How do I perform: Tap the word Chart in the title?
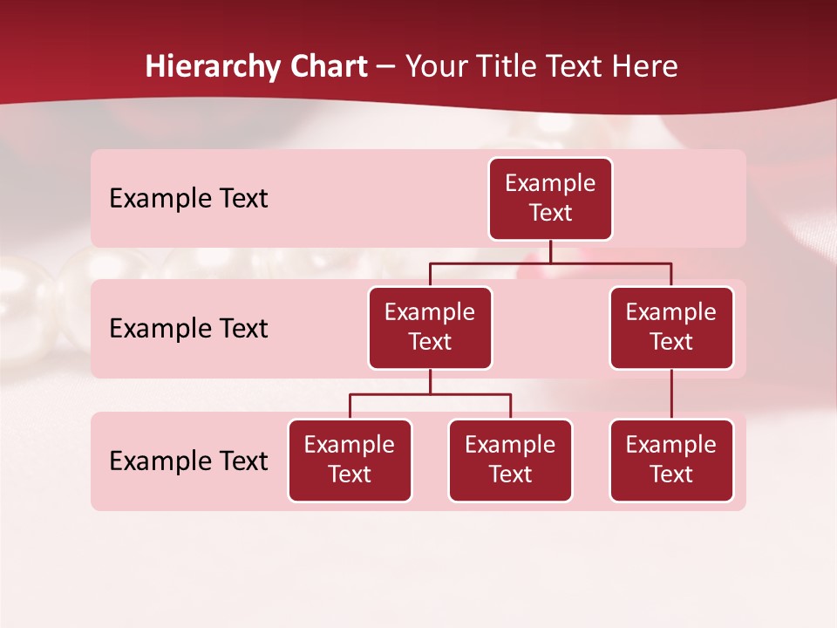coord(328,67)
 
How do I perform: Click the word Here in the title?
coord(642,67)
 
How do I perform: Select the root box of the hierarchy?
coord(550,199)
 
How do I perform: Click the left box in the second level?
coord(430,328)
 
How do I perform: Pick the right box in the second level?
coord(671,328)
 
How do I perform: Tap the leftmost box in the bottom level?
coord(350,461)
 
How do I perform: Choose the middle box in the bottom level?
coord(510,461)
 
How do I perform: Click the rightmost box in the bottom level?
coord(671,461)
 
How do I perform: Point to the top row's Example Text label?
coord(188,199)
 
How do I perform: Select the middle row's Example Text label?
coord(188,329)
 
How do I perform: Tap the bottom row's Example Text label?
coord(188,461)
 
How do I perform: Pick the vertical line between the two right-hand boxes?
coord(671,394)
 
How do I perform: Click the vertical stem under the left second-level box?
coord(430,382)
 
